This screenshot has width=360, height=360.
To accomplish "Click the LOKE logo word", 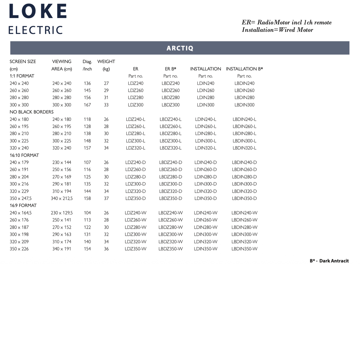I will tap(38, 12).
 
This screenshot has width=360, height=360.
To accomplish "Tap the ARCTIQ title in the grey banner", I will tap(180, 48).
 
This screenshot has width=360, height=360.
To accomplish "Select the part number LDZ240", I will tap(136, 83).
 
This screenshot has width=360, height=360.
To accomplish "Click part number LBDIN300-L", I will tap(244, 141).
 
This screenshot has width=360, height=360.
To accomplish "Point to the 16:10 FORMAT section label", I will tap(24, 155).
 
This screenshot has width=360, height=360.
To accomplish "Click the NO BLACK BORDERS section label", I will tap(31, 112).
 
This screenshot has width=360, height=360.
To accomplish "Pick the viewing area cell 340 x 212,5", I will tap(62, 198).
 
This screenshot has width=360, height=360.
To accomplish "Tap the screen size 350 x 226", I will tap(19, 249).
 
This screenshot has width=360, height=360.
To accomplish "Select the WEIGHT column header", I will tap(106, 61).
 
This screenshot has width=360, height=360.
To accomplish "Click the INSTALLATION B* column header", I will tap(244, 69).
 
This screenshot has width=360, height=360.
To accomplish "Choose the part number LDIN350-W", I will tap(205, 249).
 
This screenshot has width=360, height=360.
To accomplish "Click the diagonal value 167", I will tap(87, 105).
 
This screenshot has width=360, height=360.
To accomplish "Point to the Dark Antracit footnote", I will tap(329, 261).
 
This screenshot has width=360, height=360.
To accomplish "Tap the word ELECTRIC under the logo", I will tap(36, 30).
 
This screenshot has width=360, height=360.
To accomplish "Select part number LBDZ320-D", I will tap(170, 191).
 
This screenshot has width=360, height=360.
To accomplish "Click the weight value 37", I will tap(106, 198).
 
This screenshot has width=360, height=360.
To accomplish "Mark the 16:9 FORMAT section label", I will tap(23, 205).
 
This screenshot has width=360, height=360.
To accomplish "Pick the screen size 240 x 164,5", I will tap(20, 213).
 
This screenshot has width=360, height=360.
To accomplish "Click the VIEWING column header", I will tap(62, 61).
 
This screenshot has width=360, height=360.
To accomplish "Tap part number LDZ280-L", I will tap(136, 133).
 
